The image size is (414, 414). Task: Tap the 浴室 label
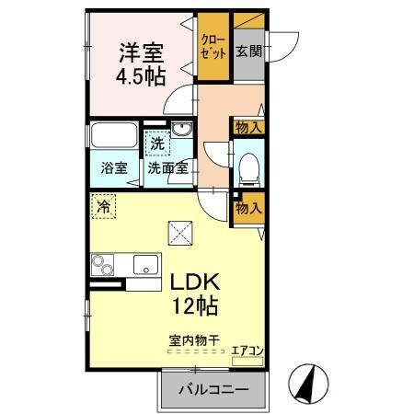pos(114,169)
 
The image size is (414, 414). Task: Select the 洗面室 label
pos(168,169)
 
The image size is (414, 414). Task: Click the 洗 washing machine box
pos(158,144)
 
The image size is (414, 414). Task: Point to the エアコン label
pos(247,351)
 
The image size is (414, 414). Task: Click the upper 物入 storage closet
pos(249,127)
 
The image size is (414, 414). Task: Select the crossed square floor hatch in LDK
pos(178,235)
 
